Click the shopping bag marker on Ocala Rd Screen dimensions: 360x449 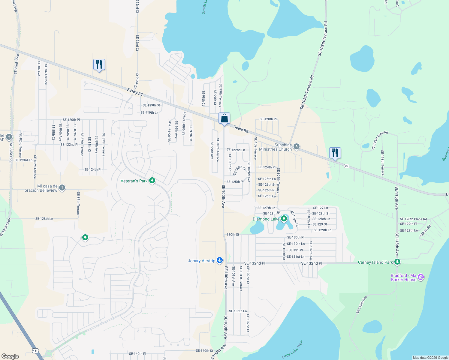(224, 119)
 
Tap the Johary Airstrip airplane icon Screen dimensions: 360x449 (220, 260)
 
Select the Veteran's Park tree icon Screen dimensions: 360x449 (152, 181)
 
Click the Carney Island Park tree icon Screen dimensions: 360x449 (397, 262)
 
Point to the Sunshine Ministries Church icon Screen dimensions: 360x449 (296, 147)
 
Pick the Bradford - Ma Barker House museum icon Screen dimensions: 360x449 (421, 277)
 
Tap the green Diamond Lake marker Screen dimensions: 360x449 (284, 219)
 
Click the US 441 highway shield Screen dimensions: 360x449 (35, 350)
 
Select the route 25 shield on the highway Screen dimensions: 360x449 (347, 166)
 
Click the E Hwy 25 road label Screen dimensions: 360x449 (135, 92)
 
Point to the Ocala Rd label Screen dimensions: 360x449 (241, 129)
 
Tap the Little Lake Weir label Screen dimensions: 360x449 (293, 349)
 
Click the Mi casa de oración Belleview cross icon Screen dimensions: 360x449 (62, 188)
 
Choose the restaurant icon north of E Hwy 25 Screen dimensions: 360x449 (99, 65)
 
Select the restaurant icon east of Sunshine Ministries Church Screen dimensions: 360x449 (335, 153)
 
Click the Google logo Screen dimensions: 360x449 (10, 356)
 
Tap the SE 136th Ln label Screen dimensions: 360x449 (238, 311)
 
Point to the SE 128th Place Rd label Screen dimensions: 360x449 (413, 219)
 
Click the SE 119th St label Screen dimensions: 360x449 (151, 105)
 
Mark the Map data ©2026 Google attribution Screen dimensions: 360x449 (430, 358)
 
